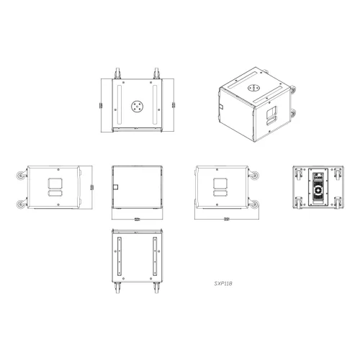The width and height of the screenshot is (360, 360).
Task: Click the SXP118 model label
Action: click(x=222, y=284)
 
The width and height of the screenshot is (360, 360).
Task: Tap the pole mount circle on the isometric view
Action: click(x=253, y=87)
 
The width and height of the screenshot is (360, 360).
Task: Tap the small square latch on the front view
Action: click(x=114, y=189)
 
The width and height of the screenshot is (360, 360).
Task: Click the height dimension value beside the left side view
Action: click(x=92, y=189)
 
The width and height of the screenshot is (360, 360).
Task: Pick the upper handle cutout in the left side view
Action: click(x=53, y=181)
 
